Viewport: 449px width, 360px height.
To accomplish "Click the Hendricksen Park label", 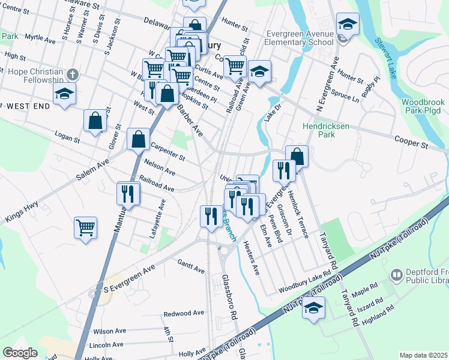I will click(x=318, y=131).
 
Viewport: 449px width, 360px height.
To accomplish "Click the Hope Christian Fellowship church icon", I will click(x=72, y=74).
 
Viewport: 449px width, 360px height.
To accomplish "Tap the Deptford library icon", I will click(x=396, y=275).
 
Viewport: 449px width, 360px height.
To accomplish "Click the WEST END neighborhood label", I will click(x=28, y=106).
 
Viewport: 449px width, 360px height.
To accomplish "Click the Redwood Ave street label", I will click(x=184, y=313).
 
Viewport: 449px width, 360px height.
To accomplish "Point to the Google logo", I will click(x=20, y=353).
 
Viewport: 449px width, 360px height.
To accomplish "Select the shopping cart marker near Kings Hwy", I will click(x=86, y=227).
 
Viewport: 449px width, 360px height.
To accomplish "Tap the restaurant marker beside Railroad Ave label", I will click(x=127, y=193).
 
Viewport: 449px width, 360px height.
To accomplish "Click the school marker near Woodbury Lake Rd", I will click(x=313, y=307).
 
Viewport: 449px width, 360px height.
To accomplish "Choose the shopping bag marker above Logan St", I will click(x=95, y=121).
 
